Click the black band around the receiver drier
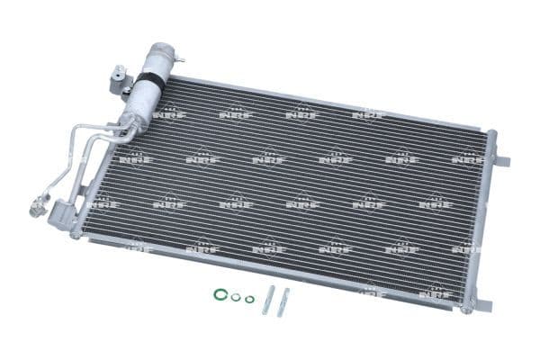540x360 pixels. pos(148,83)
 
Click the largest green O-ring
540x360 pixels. pos(220,293)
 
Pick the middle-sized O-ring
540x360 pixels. pos(236,297)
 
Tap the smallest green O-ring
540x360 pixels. pos(249,300)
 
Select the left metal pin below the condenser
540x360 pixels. pos(267,300)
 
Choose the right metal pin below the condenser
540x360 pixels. pos(283,301)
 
